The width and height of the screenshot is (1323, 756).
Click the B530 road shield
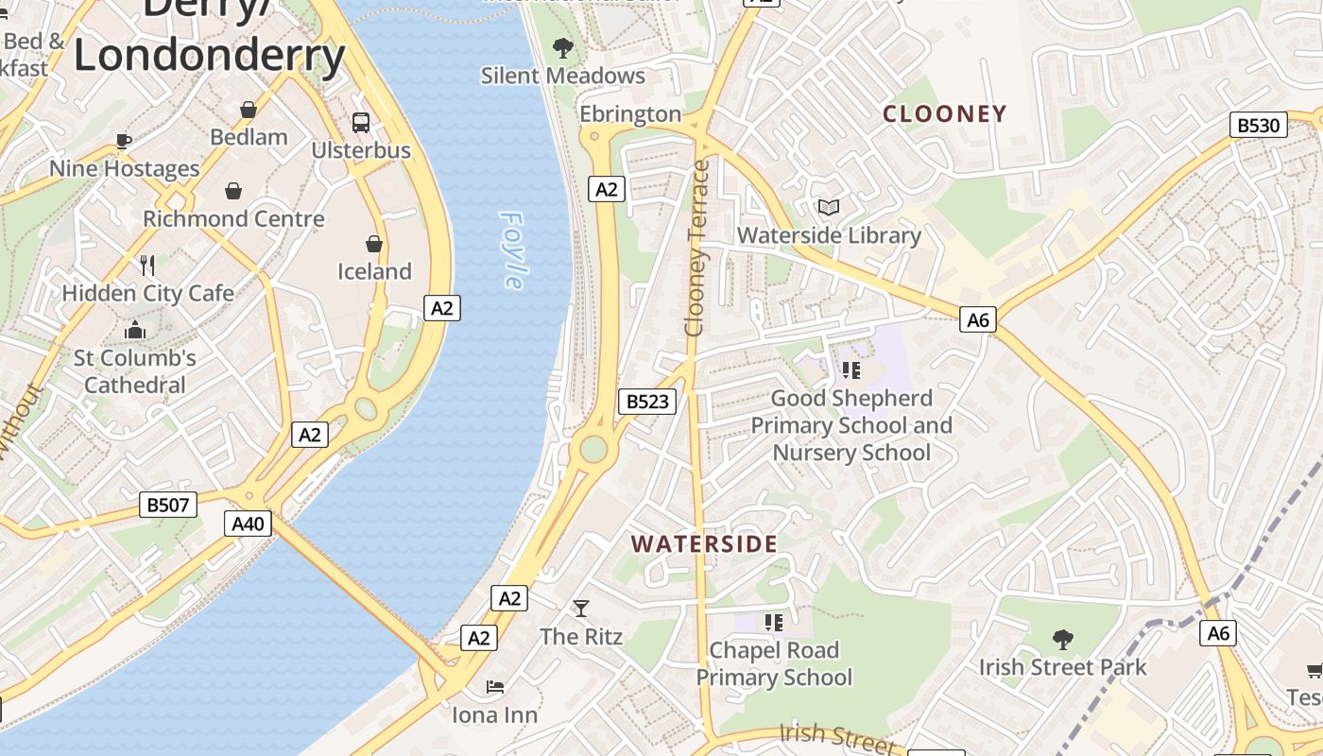1259,125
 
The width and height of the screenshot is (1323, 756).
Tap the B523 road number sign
647,402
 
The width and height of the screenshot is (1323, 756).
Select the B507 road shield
168,505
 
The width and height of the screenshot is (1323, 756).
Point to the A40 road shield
248,524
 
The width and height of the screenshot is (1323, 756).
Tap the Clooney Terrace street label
697,249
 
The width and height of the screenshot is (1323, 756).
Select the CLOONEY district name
944,114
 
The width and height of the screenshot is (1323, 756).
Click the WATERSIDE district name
704,544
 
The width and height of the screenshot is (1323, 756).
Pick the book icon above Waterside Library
829,207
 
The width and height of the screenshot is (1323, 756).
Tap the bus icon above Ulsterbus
361,122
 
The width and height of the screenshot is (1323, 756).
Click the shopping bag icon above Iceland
374,244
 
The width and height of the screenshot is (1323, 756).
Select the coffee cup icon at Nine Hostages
123,142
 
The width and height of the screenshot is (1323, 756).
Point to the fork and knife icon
147,265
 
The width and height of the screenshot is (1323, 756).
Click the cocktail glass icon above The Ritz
580,609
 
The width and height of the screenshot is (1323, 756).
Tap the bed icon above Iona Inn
494,687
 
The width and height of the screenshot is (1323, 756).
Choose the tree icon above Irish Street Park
1062,640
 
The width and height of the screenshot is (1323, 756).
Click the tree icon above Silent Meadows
562,47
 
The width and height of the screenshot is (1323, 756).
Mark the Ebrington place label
630,114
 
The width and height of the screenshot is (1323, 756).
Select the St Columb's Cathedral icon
135,331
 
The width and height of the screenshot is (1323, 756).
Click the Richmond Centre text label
233,219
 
